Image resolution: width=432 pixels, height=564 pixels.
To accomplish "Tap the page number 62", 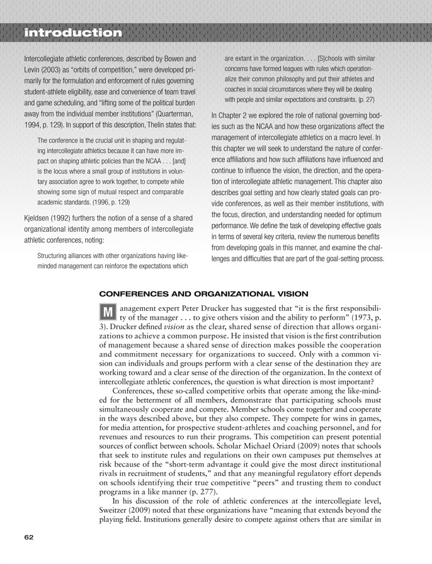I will [x=28, y=537].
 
